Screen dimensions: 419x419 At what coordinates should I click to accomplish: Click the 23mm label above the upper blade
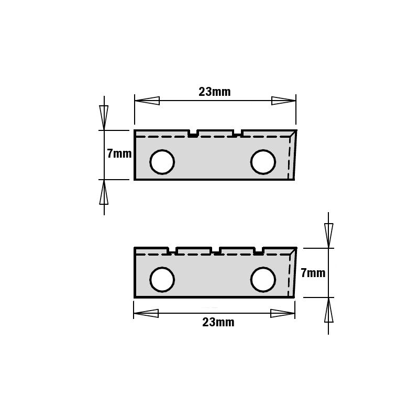[215, 92]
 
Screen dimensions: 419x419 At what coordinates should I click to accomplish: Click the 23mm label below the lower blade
[218, 322]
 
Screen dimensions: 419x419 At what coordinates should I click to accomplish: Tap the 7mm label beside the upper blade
[119, 153]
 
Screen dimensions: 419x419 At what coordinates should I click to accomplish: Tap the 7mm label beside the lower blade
[313, 273]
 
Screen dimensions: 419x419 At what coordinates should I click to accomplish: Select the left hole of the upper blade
[162, 162]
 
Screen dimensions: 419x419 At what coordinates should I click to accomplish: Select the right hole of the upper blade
[263, 162]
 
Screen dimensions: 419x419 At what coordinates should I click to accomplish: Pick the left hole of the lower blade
[162, 279]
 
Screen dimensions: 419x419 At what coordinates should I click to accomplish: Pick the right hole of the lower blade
[263, 279]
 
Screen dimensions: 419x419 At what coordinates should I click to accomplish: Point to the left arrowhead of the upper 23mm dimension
[147, 101]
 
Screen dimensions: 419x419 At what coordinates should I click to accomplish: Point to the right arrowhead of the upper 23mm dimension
[283, 101]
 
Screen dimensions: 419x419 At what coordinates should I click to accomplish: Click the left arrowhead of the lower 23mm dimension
[146, 313]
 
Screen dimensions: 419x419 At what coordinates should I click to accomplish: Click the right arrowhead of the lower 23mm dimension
[282, 313]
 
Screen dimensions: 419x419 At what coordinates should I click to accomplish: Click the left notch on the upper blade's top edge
[193, 133]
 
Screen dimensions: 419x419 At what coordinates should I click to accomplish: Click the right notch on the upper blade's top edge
[237, 133]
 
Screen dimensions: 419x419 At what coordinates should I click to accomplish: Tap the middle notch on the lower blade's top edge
[215, 250]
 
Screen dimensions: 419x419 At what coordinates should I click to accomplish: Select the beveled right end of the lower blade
[292, 273]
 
